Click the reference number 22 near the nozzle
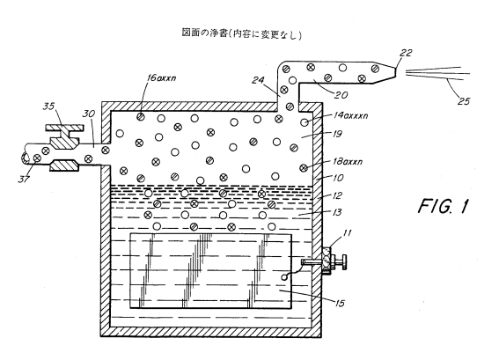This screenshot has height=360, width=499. [x=406, y=53]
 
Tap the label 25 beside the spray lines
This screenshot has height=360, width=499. [x=464, y=101]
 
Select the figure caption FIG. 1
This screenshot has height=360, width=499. [x=444, y=206]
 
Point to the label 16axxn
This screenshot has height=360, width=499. [x=161, y=77]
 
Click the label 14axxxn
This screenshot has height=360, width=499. [x=350, y=115]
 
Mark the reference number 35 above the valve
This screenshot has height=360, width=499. [x=49, y=106]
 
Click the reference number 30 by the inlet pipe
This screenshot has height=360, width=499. [x=89, y=114]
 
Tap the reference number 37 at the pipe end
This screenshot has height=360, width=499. [x=24, y=179]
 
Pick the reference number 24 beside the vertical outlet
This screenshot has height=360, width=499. [x=258, y=80]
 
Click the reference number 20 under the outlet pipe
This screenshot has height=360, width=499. [x=341, y=95]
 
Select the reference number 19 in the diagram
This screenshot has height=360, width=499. [x=337, y=134]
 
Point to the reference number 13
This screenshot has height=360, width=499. [x=337, y=212]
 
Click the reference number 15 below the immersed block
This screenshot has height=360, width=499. [x=340, y=303]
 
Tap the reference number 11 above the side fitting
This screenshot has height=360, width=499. [x=348, y=233]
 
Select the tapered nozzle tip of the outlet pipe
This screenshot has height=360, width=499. [x=384, y=74]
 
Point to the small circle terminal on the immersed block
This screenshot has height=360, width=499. [x=284, y=277]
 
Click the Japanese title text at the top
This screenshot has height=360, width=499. [x=241, y=33]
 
